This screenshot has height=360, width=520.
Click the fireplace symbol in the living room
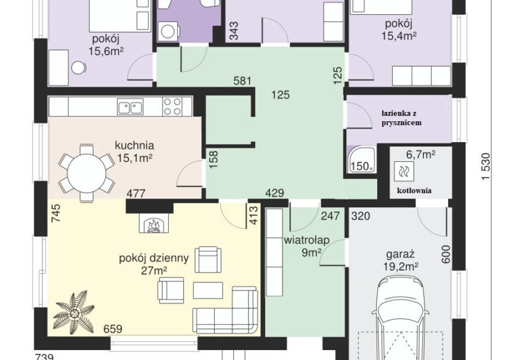tap(154, 223)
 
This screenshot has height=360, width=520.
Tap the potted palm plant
tap(74, 312)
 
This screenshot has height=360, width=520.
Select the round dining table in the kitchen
tap(87, 173)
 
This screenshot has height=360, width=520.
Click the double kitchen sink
tap(130, 106)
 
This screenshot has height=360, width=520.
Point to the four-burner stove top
tap(172, 106)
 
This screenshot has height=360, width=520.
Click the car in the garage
tap(401, 319)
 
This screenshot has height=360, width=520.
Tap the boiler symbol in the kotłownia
tap(404, 171)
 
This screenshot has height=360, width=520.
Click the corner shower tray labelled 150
tap(361, 159)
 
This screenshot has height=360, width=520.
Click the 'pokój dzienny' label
tap(154, 258)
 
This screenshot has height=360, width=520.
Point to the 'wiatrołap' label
tap(306, 240)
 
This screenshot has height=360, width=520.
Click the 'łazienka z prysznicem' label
tap(401, 118)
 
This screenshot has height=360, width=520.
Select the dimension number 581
tap(242, 81)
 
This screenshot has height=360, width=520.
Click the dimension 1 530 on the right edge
tap(485, 166)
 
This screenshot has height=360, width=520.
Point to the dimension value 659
tap(113, 329)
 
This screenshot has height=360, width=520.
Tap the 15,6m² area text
tap(106, 50)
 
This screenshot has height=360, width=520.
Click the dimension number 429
tap(275, 193)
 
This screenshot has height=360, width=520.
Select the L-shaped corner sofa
tap(225, 310)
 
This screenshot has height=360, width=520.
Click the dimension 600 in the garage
tap(446, 254)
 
